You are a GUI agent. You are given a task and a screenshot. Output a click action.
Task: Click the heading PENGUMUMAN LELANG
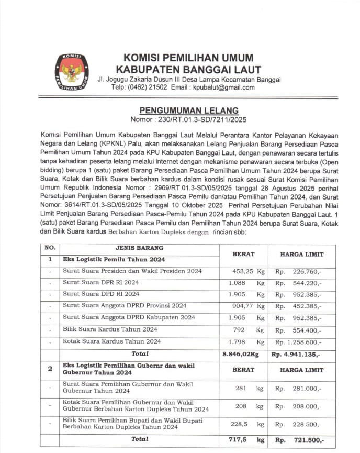[189, 111]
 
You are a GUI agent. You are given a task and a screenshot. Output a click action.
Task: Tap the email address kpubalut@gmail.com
[222, 87]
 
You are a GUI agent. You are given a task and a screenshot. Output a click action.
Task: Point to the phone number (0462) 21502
[148, 87]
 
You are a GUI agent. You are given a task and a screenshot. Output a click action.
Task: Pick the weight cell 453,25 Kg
[249, 271]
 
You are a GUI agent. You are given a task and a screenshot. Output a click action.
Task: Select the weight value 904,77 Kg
[249, 306]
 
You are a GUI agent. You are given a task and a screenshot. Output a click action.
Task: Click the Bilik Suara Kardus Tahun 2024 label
[110, 329]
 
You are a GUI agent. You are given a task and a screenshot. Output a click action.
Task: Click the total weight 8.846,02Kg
[241, 354]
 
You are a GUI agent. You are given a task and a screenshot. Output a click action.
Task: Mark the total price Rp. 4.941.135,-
[296, 354]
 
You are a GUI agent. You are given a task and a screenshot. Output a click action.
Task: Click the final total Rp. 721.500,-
[300, 440]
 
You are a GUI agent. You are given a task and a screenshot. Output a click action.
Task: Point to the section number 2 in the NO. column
[50, 369]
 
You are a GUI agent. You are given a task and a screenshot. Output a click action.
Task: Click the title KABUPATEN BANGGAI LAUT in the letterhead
[188, 69]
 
